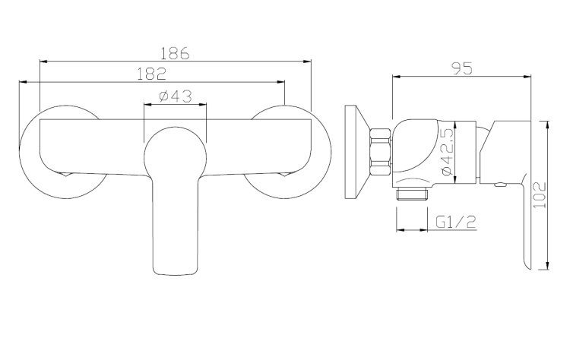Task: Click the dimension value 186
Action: pyautogui.click(x=175, y=53)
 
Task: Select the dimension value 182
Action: pyautogui.click(x=153, y=73)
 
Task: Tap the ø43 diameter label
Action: pyautogui.click(x=175, y=96)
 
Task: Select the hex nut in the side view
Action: pyautogui.click(x=379, y=153)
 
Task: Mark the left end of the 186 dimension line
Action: pyautogui.click(x=39, y=62)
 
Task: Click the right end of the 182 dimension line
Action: pyautogui.click(x=284, y=81)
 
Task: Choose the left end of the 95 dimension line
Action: pyautogui.click(x=391, y=76)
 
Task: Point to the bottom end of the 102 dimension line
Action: pyautogui.click(x=548, y=268)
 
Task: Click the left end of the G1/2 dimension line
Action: pyautogui.click(x=397, y=229)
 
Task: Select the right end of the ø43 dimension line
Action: pyautogui.click(x=206, y=105)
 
